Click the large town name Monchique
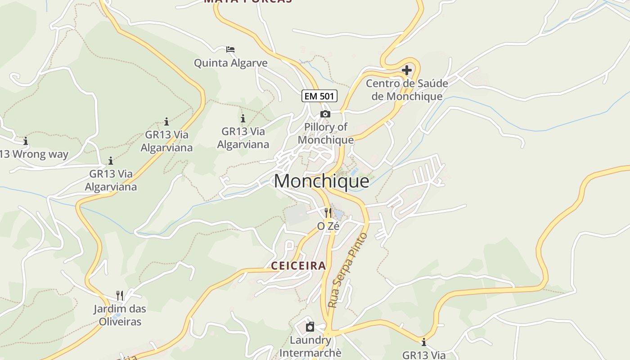point(321,181)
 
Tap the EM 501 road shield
point(319,96)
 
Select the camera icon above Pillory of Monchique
point(325,114)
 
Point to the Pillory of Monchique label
point(325,133)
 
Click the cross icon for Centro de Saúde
point(407,70)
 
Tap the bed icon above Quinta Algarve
point(230,49)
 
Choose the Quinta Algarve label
point(230,63)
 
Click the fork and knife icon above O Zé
point(328,212)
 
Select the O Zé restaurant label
point(328,226)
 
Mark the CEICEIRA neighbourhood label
point(298,265)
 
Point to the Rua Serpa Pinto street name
point(348,270)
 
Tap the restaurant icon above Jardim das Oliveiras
point(120,295)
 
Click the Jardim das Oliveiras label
point(120,315)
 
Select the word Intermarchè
point(310,352)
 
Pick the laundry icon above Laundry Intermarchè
point(310,327)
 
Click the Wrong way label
point(40,154)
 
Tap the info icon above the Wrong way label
point(26,141)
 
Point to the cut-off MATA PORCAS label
point(248,1)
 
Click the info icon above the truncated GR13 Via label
point(423,342)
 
